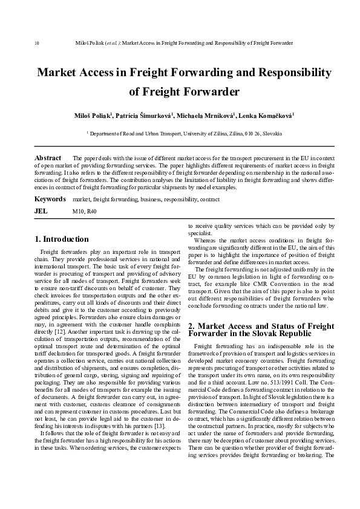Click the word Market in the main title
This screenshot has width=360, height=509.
pyautogui.click(x=60, y=73)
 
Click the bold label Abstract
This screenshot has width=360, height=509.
pyautogui.click(x=48, y=158)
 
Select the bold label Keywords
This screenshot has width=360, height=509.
pyautogui.click(x=50, y=199)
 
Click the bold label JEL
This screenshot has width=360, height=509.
pyautogui.click(x=41, y=212)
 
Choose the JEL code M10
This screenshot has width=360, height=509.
pyautogui.click(x=78, y=212)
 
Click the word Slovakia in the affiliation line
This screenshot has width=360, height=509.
pyautogui.click(x=270, y=132)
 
